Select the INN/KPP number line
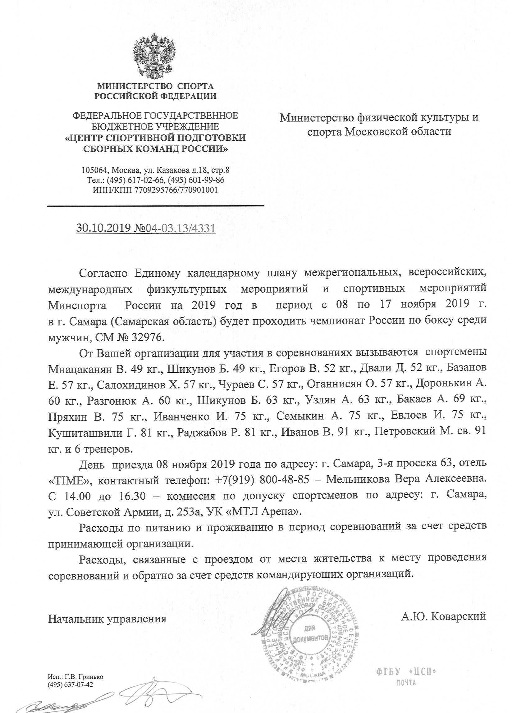155,190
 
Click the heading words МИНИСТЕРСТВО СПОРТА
155,86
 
